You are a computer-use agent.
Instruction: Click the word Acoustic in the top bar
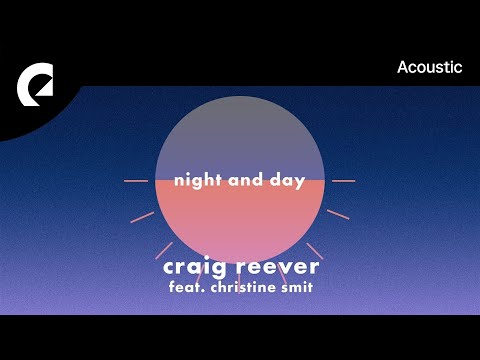pyautogui.click(x=430, y=68)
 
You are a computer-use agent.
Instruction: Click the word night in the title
pyautogui.click(x=195, y=183)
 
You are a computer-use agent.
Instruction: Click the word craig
pyautogui.click(x=197, y=269)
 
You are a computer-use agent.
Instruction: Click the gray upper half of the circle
pyautogui.click(x=240, y=135)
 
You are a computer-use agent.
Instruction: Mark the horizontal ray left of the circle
pyautogui.click(x=135, y=181)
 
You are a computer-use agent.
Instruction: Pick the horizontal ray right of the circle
pyautogui.click(x=343, y=181)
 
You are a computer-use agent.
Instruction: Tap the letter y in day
pyautogui.click(x=300, y=185)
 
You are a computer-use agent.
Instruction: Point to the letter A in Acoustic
pyautogui.click(x=403, y=68)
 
